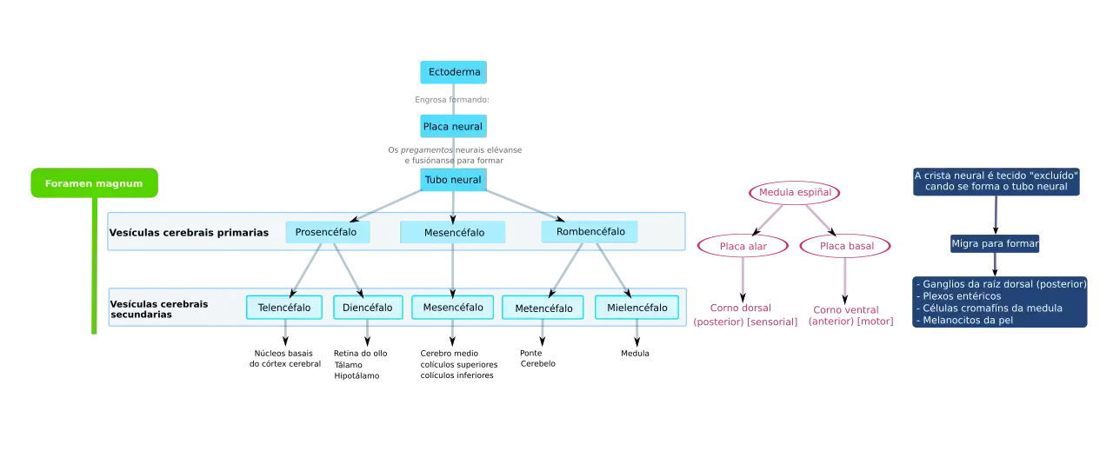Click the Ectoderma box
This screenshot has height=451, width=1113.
[452, 72]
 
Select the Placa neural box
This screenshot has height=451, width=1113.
[452, 126]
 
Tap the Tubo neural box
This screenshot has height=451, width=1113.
[452, 180]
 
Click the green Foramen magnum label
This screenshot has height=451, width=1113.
[94, 183]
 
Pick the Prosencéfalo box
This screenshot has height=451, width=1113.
[327, 232]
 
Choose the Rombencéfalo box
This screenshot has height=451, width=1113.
[589, 232]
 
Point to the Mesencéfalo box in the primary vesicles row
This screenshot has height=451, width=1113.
[453, 233]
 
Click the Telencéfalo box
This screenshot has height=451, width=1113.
[284, 308]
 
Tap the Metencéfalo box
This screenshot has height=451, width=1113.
[543, 308]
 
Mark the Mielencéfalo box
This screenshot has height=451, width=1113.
[636, 308]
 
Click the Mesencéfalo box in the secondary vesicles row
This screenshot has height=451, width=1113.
[453, 308]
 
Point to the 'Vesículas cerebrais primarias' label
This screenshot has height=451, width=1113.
[189, 233]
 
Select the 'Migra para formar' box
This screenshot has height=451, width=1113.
[995, 243]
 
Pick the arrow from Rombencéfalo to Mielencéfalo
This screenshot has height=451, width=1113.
[614, 269]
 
